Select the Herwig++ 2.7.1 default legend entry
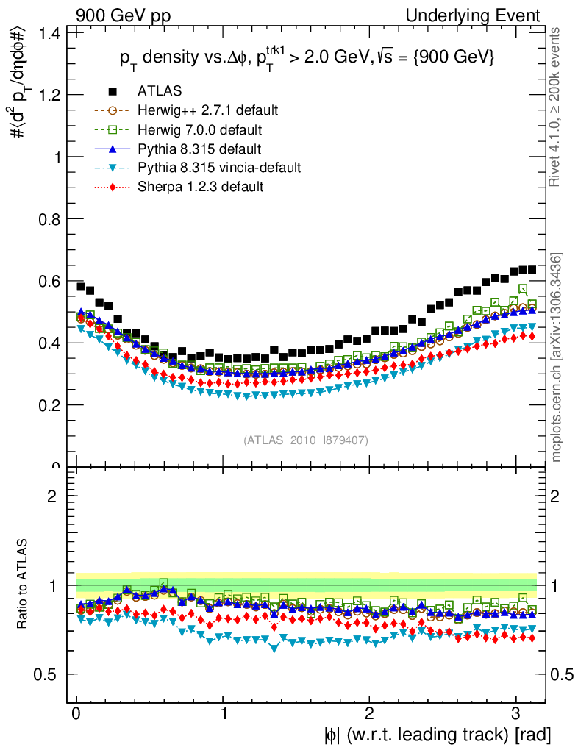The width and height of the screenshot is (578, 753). [x=207, y=110]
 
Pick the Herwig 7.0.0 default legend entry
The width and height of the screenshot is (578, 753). [x=199, y=129]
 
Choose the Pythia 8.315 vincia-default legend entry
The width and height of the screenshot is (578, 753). [x=219, y=168]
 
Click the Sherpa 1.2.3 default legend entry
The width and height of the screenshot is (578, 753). [x=200, y=187]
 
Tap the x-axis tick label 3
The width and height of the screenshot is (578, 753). [x=515, y=714]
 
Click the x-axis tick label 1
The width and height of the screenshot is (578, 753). [x=224, y=714]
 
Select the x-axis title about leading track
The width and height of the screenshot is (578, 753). [x=437, y=734]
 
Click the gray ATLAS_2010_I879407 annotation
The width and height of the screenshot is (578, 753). [x=306, y=440]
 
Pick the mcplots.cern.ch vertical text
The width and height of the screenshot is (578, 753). [x=557, y=358]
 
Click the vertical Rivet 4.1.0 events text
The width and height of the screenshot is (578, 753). [x=557, y=107]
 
